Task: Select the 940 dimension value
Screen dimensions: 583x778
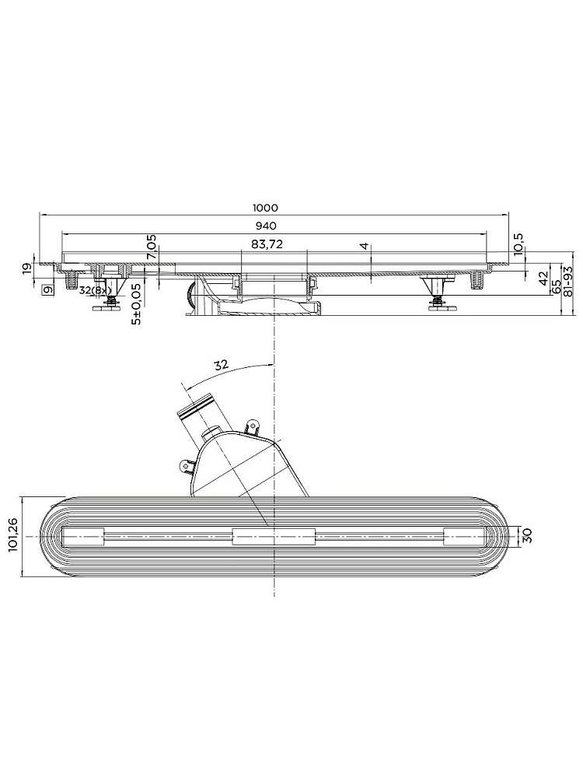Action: (266, 226)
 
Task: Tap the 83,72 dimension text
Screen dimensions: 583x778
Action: (267, 244)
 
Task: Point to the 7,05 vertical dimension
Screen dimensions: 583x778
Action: (152, 247)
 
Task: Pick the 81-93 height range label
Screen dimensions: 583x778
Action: (568, 280)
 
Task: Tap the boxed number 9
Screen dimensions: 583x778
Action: (48, 290)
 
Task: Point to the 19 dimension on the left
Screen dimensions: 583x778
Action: (27, 268)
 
